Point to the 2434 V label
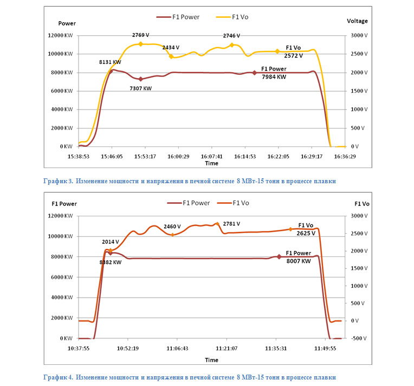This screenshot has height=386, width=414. [171, 47]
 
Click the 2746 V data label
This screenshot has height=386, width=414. [231, 35]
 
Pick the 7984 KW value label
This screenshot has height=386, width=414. [274, 77]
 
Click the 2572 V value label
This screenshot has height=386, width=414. [293, 55]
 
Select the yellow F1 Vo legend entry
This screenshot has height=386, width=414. [233, 17]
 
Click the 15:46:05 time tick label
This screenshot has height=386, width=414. [111, 156]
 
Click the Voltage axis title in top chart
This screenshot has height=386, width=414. [357, 21]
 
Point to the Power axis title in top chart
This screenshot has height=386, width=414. [67, 23]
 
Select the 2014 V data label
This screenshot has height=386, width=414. [110, 242]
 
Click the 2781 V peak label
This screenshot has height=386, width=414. [231, 224]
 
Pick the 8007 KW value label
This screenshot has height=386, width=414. [298, 261]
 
